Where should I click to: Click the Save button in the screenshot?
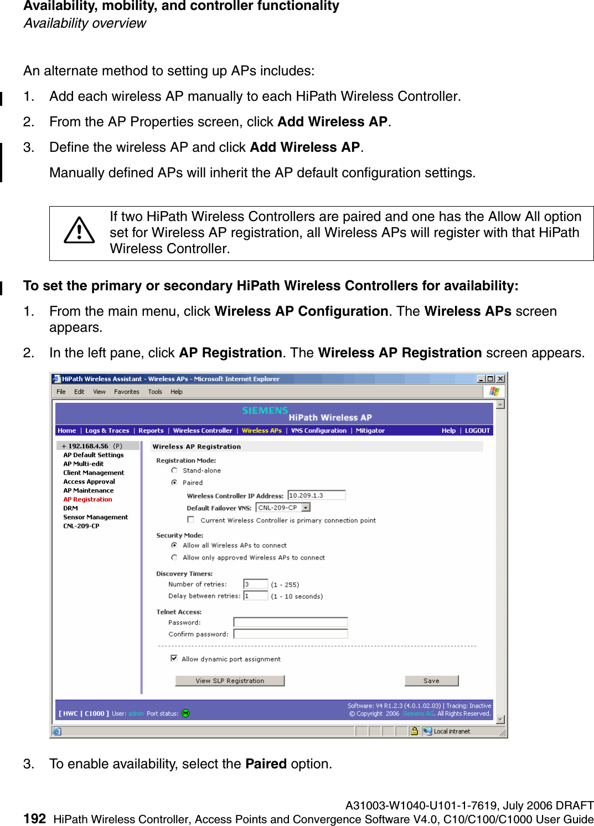pyautogui.click(x=431, y=681)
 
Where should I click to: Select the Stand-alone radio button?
pyautogui.click(x=174, y=470)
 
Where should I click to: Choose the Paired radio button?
pyautogui.click(x=174, y=483)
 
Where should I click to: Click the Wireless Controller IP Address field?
pyautogui.click(x=316, y=495)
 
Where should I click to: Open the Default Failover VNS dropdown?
pyautogui.click(x=306, y=507)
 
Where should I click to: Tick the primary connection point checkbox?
pyautogui.click(x=191, y=520)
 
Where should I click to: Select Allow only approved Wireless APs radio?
pyautogui.click(x=174, y=557)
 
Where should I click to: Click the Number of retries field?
pyautogui.click(x=256, y=584)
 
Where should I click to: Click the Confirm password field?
pyautogui.click(x=290, y=634)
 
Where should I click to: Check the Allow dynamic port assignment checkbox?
pyautogui.click(x=174, y=658)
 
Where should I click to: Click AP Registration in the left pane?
pyautogui.click(x=87, y=499)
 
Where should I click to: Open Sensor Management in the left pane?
pyautogui.click(x=95, y=517)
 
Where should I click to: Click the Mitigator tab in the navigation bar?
pyautogui.click(x=370, y=430)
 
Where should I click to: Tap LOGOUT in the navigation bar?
pyautogui.click(x=477, y=430)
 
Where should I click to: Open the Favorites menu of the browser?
pyautogui.click(x=127, y=392)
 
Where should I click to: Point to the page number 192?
pyautogui.click(x=34, y=818)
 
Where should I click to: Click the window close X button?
pyautogui.click(x=500, y=379)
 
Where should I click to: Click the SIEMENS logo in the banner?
pyautogui.click(x=265, y=411)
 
